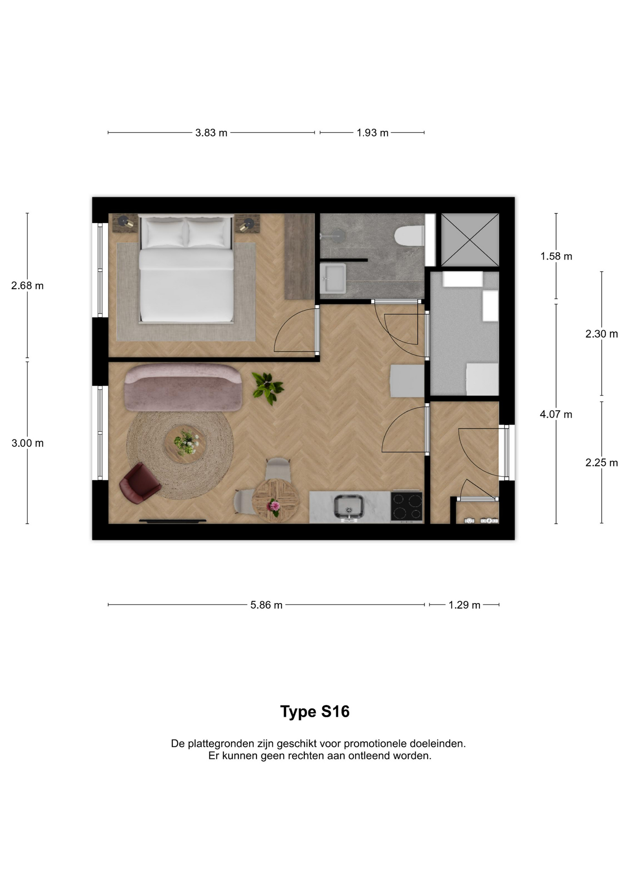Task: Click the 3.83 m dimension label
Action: [211, 133]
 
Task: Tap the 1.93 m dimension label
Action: [372, 133]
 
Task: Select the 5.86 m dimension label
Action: [266, 605]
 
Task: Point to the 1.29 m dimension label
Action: [465, 605]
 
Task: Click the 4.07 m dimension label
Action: [556, 414]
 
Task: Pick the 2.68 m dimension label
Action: [27, 286]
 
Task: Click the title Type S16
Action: [315, 712]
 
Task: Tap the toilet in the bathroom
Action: [409, 235]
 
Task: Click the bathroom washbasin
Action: [333, 278]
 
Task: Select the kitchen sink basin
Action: [349, 506]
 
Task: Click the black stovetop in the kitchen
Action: [407, 506]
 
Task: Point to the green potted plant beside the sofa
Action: [267, 388]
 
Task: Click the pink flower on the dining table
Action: [274, 505]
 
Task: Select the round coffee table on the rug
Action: [185, 444]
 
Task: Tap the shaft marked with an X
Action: [470, 240]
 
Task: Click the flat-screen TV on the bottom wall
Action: [173, 521]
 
